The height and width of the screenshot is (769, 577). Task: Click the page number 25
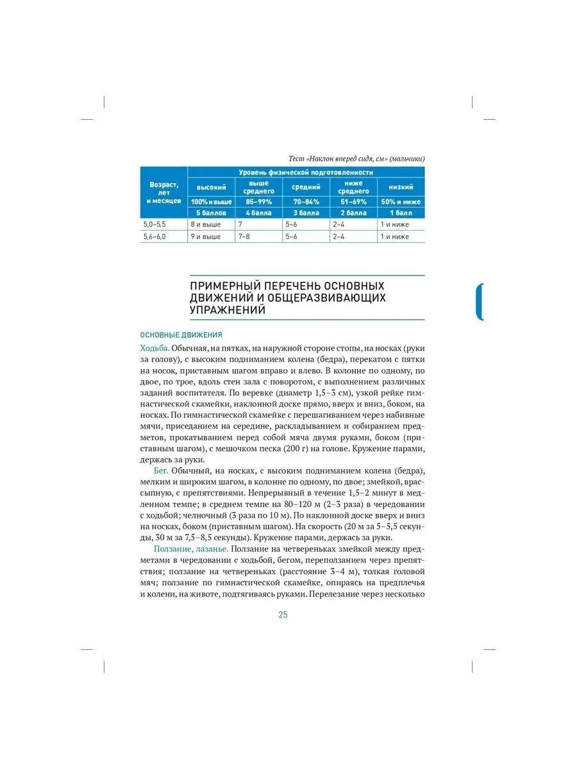283,615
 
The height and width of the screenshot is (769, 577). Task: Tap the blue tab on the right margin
480,302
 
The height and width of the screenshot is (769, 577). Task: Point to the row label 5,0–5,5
154,225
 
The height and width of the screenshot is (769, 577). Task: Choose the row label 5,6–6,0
154,236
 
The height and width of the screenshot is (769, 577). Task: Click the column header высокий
211,187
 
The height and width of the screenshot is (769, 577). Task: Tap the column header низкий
400,187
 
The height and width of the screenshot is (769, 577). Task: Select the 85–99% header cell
259,201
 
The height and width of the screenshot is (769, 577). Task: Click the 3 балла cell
306,213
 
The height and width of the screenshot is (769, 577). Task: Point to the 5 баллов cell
211,213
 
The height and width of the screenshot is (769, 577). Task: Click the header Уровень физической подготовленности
306,172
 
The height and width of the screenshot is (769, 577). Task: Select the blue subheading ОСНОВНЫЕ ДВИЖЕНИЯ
181,335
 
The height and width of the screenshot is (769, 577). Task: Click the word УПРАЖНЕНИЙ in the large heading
228,311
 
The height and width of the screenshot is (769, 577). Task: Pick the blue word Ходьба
155,348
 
